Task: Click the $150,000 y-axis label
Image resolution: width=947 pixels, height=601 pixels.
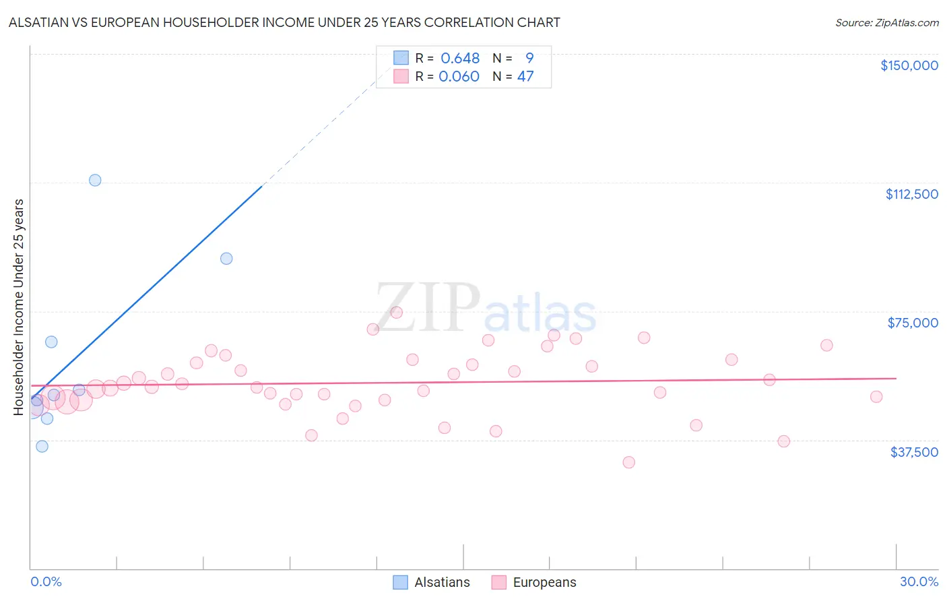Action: point(909,65)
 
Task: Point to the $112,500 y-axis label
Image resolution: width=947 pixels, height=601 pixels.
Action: point(911,194)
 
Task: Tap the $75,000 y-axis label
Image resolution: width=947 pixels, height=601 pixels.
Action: point(913,323)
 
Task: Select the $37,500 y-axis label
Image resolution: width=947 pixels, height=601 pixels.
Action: point(914,452)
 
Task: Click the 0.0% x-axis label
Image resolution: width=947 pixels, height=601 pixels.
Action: point(46,581)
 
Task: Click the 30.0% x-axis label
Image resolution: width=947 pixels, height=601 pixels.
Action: point(919,581)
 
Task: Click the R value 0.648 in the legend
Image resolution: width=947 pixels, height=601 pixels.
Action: point(460,59)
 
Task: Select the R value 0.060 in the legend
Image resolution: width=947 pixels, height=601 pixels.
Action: point(459,77)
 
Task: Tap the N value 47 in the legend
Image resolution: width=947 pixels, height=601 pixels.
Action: point(525,77)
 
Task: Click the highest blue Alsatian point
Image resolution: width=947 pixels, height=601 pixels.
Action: point(95,180)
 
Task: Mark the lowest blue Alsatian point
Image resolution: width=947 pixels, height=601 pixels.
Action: point(42,446)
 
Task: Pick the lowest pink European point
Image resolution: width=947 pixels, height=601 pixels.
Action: point(628,462)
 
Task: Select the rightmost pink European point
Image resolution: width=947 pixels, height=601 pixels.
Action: point(876,397)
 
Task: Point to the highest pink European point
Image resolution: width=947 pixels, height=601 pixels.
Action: point(397,312)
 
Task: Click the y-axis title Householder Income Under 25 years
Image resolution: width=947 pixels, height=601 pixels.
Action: point(19,307)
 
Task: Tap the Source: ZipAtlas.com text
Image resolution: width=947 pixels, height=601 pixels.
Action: point(886,23)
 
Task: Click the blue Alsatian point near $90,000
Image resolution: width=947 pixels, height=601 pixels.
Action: point(226,259)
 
